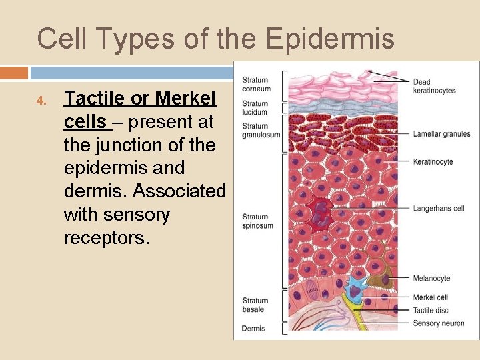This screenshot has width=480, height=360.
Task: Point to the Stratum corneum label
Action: (256, 85)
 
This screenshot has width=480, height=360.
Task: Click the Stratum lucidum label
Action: (255, 107)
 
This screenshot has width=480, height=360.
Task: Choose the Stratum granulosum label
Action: (261, 130)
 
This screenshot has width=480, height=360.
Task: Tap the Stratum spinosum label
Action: (256, 221)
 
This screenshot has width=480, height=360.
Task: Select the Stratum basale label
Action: (255, 305)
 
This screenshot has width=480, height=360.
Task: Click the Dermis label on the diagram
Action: (253, 328)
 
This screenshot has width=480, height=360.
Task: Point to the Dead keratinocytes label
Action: (434, 87)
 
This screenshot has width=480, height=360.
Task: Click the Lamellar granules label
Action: (441, 134)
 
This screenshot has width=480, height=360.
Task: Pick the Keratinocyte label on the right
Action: (433, 161)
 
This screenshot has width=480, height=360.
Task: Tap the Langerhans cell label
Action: (438, 209)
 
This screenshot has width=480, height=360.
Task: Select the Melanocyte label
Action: (431, 279)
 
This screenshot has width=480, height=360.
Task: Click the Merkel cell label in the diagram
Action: (431, 297)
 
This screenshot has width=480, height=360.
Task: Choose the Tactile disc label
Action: (431, 310)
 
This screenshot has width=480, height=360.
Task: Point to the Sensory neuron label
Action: (438, 323)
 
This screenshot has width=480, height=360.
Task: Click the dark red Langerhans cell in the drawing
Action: (323, 213)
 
